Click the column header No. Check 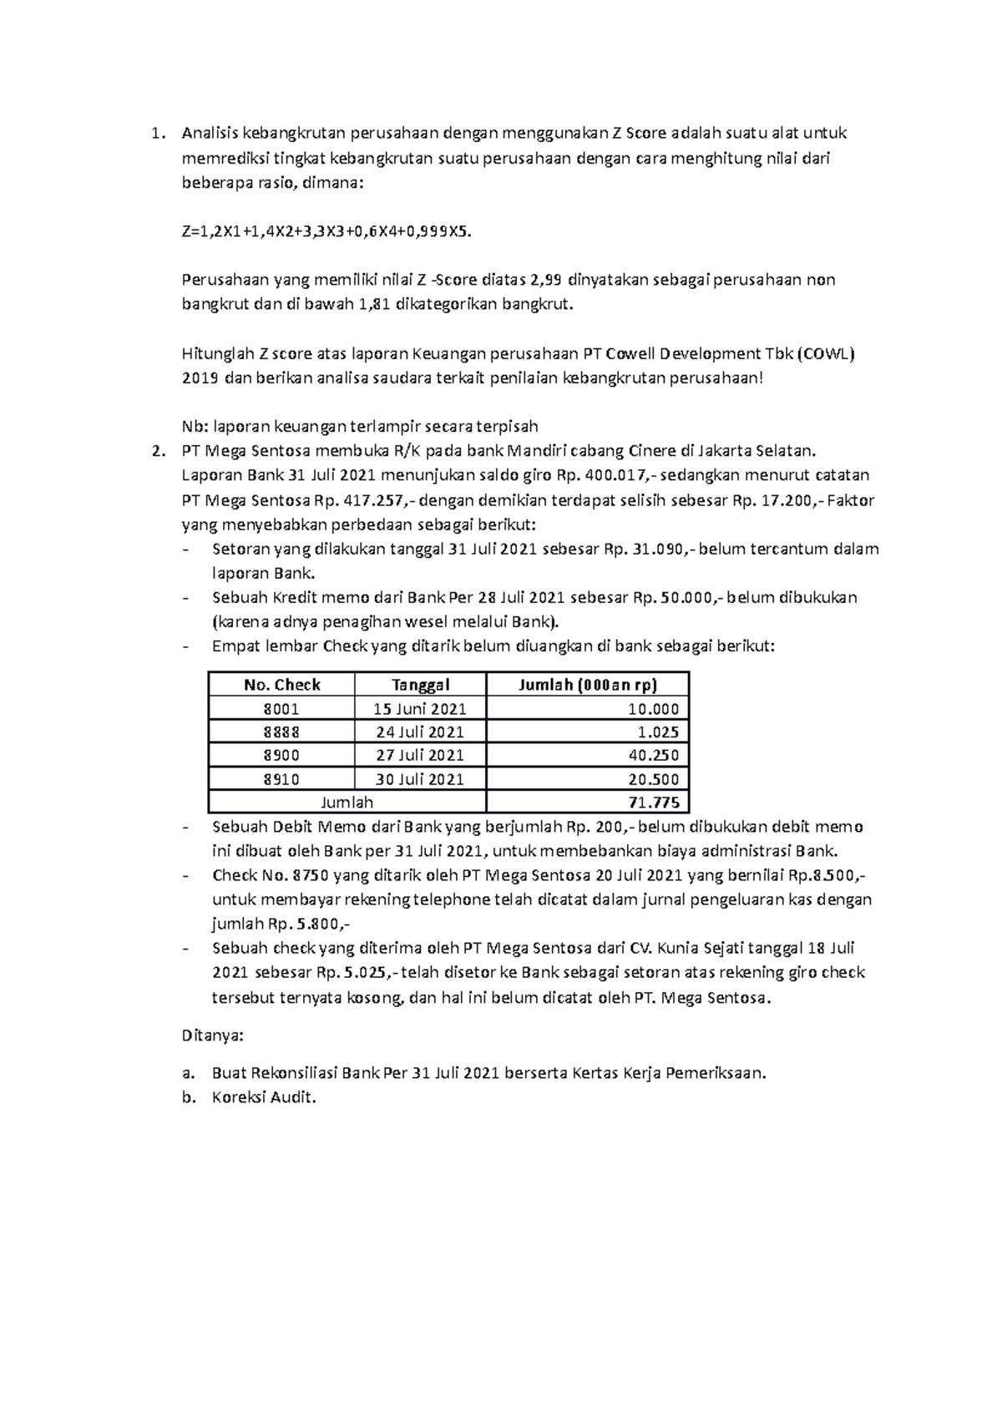coord(281,685)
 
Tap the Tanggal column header coord(420,685)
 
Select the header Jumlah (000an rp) coord(587,685)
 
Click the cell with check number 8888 coord(281,732)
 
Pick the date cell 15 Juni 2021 coord(420,709)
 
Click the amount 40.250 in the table coord(657,756)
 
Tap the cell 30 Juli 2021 coord(420,780)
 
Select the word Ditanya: coord(212,1036)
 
